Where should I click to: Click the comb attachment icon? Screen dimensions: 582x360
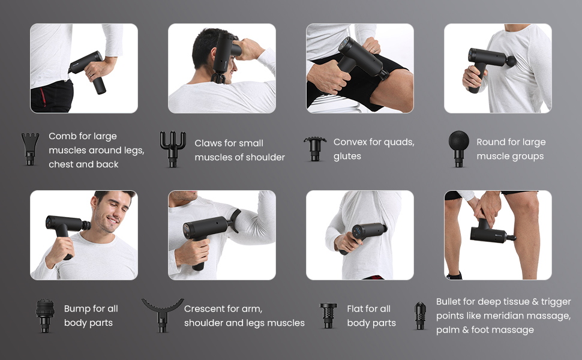[x=30, y=148]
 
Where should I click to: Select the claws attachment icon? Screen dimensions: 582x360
[x=173, y=149]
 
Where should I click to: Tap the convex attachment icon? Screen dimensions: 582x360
[x=315, y=149]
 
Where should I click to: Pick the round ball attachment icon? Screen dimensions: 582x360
[x=459, y=148]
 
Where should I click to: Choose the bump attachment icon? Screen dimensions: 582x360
[x=45, y=316]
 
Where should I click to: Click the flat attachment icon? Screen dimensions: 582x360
[x=328, y=316]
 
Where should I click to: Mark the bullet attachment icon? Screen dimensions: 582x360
[x=420, y=316]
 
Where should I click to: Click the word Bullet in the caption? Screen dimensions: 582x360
[x=448, y=301]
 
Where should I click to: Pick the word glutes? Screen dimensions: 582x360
[x=347, y=157]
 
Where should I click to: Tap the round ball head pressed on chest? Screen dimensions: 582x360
[x=511, y=61]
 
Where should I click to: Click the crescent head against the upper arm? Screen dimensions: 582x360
[x=235, y=220]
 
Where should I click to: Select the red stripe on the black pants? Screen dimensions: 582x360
[x=43, y=97]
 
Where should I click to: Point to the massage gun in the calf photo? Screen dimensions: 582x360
[x=491, y=233]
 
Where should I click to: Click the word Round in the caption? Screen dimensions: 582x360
[x=491, y=142]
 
